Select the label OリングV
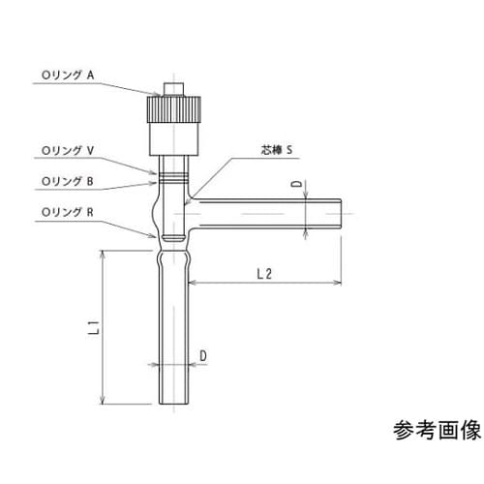(x=65, y=150)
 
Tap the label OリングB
(x=65, y=180)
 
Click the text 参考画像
(x=436, y=430)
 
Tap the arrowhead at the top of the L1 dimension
(x=103, y=252)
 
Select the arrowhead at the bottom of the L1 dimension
(x=103, y=401)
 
